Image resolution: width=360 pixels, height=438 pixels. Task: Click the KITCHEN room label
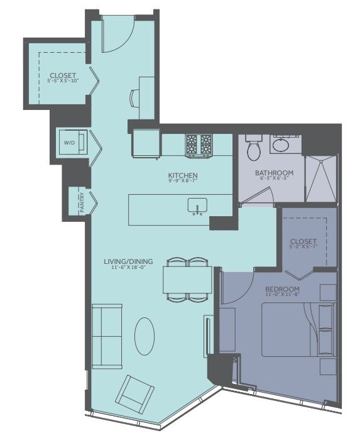click(183, 175)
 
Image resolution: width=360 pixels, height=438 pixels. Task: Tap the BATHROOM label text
click(275, 173)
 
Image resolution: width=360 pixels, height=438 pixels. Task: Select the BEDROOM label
click(281, 288)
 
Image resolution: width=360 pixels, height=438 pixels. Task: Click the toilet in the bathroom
click(254, 150)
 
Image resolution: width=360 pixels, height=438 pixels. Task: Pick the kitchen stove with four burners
click(200, 145)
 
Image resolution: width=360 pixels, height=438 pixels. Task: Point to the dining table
click(187, 279)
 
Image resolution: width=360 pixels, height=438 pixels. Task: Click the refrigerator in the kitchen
click(146, 143)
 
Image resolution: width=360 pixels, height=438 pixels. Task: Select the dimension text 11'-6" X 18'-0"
click(128, 268)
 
